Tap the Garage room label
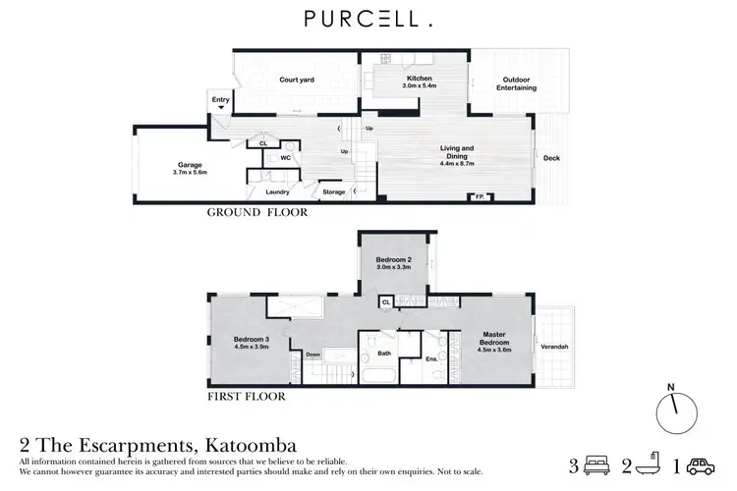(x=190, y=168)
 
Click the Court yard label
(x=296, y=80)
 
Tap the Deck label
(x=552, y=156)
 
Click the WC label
(x=285, y=157)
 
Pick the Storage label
(x=334, y=192)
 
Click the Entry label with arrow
(x=219, y=102)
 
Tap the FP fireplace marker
(x=480, y=197)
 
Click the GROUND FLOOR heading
(x=256, y=212)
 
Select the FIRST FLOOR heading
(x=246, y=398)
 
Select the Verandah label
(x=556, y=346)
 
